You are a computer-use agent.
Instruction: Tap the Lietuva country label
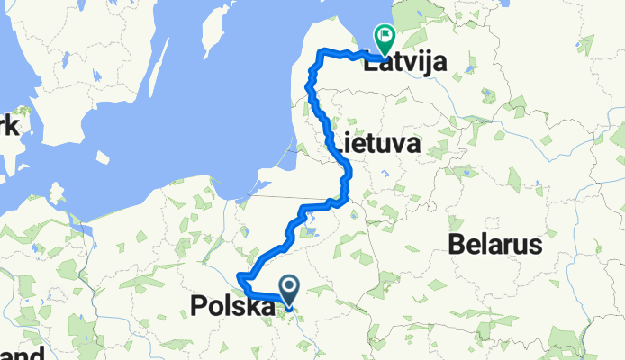click(x=378, y=143)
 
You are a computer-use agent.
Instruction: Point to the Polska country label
click(x=232, y=307)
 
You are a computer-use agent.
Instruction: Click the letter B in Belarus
click(x=457, y=245)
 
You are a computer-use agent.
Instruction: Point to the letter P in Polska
click(x=200, y=307)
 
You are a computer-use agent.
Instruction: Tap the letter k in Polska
click(x=252, y=307)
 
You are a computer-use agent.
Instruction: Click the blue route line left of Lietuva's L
click(x=328, y=135)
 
